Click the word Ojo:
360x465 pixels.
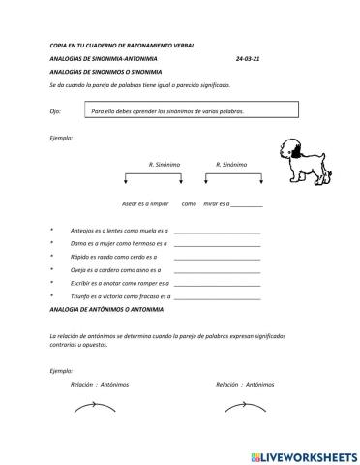click(55, 111)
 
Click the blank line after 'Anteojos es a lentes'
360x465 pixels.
click(217, 232)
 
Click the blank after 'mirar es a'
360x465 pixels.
click(247, 204)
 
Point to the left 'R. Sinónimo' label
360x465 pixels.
click(165, 165)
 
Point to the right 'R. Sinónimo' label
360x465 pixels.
click(232, 165)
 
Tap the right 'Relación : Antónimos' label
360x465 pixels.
click(246, 384)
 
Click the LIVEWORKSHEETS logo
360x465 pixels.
click(302, 453)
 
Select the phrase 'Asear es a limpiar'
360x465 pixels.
click(146, 204)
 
